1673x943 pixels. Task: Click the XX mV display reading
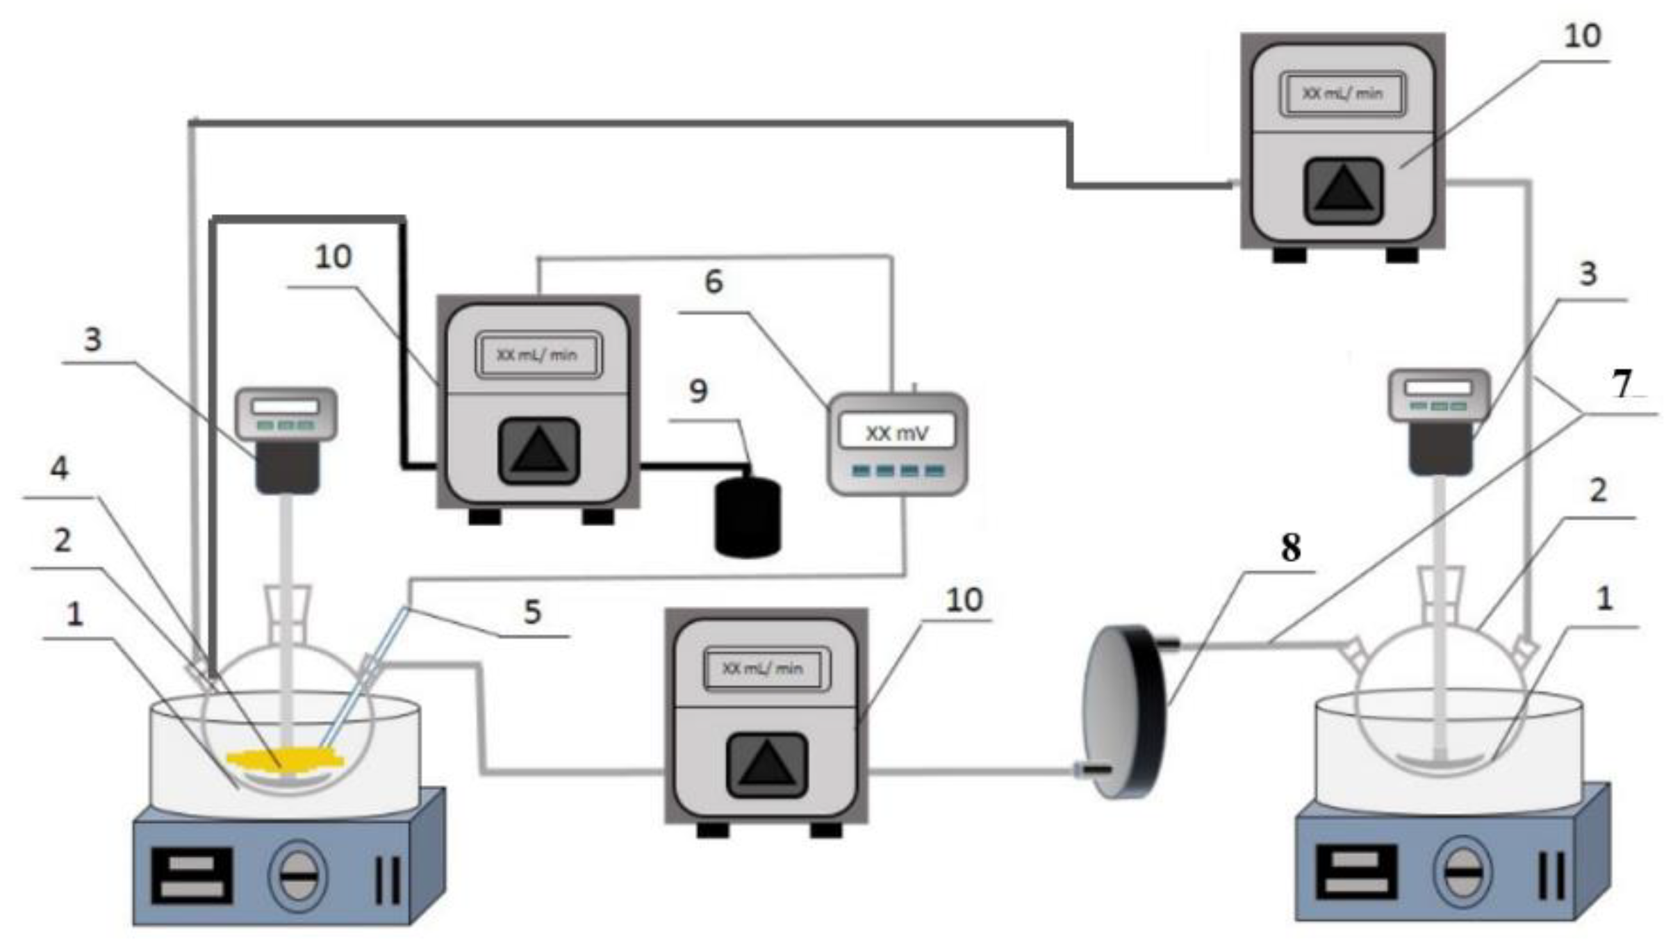(x=897, y=433)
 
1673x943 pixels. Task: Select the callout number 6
(x=714, y=282)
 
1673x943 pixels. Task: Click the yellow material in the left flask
(x=285, y=760)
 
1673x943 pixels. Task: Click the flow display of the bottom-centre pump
(x=766, y=669)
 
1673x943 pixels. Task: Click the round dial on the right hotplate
(x=1461, y=871)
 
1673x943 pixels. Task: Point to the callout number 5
(x=532, y=612)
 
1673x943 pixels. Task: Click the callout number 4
(x=60, y=468)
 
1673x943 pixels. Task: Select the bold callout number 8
(x=1291, y=548)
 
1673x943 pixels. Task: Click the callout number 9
(x=698, y=391)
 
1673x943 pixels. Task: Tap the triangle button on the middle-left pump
(x=538, y=451)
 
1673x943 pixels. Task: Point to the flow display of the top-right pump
(x=1342, y=94)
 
